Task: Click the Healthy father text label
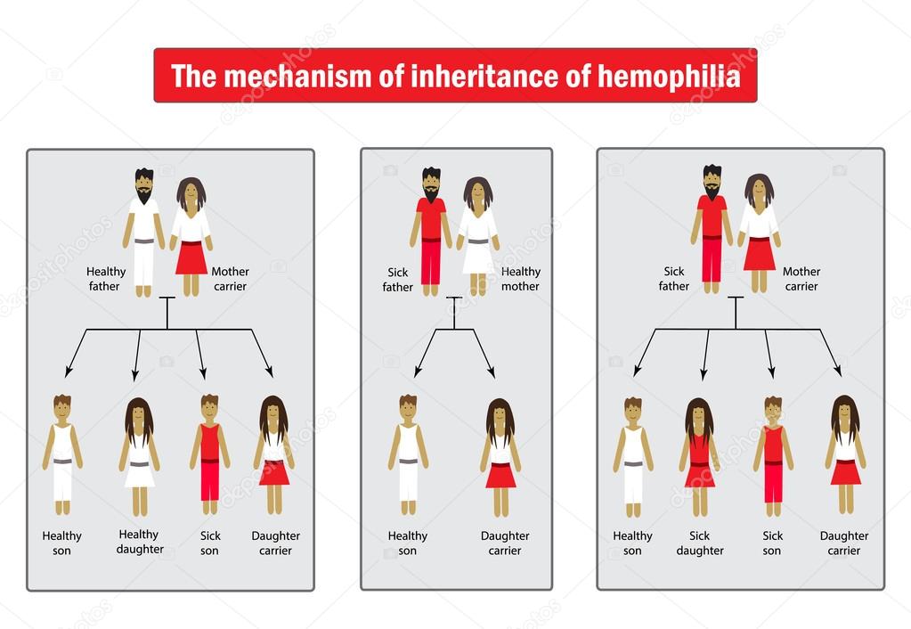(105, 278)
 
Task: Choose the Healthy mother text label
(521, 278)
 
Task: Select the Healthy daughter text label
(140, 542)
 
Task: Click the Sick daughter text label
(700, 543)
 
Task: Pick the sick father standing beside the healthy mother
(431, 230)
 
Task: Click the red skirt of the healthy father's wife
(191, 257)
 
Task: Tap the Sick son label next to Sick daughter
(772, 543)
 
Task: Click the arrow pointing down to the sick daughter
(705, 355)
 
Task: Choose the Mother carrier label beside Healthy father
(231, 278)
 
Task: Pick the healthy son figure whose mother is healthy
(408, 454)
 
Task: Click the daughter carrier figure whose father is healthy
(274, 454)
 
